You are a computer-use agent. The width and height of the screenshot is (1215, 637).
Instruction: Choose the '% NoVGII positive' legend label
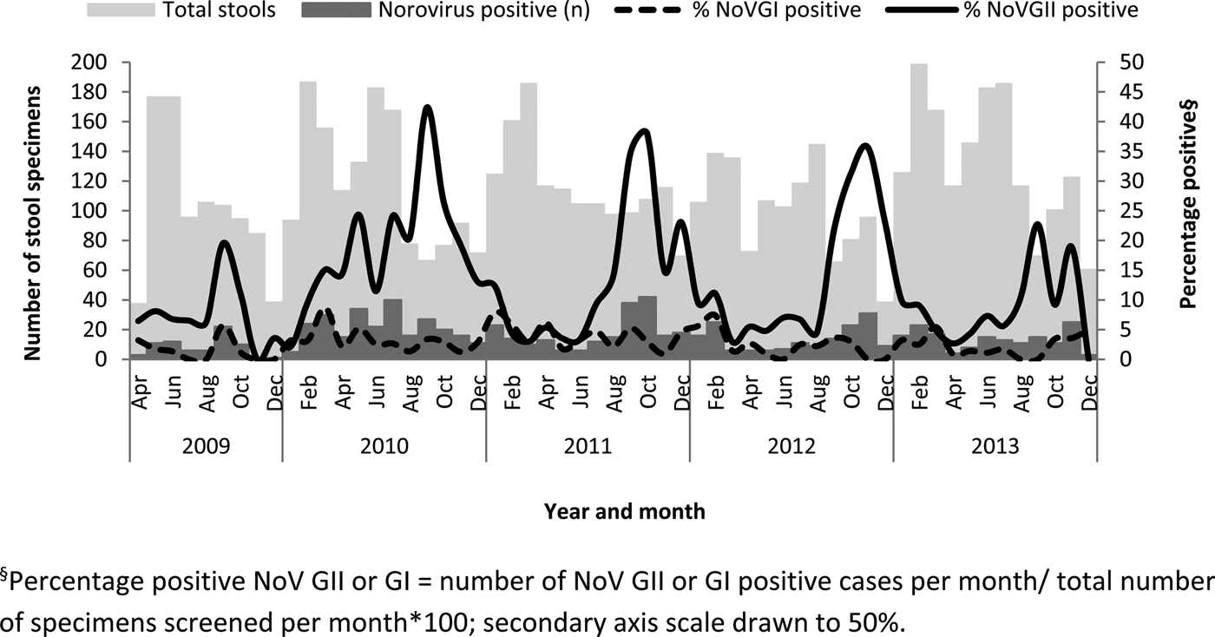[x=1054, y=10]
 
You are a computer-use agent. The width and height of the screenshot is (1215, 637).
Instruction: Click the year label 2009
[x=207, y=448]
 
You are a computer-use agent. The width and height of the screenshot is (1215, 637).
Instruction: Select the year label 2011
[x=588, y=448]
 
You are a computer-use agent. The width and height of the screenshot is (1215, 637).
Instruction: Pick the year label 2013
[x=995, y=448]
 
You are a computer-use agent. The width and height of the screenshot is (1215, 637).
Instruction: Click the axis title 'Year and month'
[x=625, y=512]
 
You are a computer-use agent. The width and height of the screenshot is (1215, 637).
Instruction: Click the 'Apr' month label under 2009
[x=140, y=391]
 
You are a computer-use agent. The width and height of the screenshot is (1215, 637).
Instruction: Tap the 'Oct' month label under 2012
[x=852, y=391]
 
